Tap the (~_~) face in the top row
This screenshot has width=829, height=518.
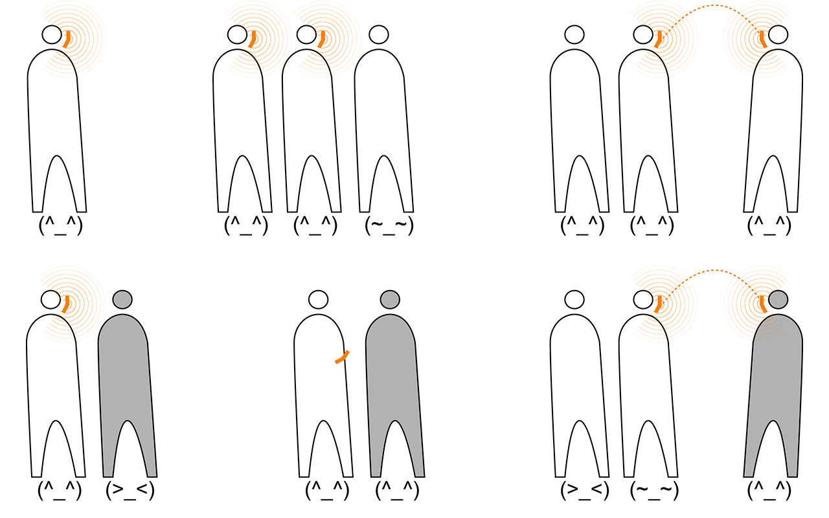point(389,226)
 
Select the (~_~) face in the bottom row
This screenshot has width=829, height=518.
point(654,491)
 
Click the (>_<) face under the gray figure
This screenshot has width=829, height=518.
point(130,491)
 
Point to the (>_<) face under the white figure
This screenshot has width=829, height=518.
point(584,491)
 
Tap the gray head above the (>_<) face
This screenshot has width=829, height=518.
point(122,299)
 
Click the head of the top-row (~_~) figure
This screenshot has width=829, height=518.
point(379,35)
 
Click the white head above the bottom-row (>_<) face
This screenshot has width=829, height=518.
point(574,299)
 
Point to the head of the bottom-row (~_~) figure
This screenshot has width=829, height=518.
point(643,299)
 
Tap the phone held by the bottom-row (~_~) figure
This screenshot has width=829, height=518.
point(659,304)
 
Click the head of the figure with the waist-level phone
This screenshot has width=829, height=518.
point(318,299)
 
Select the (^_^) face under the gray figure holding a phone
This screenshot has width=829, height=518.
point(769,491)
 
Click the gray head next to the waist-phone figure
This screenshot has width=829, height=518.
point(390,299)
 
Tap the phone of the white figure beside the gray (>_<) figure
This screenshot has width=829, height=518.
point(66,304)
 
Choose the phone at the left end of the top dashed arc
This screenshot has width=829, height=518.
point(659,39)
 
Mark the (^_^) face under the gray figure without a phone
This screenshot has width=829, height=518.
point(397,491)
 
